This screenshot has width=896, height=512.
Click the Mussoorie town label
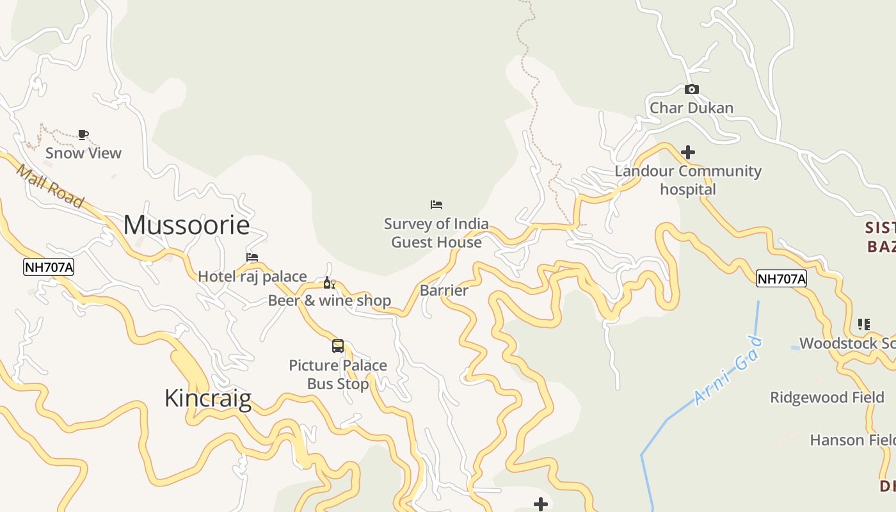(186, 225)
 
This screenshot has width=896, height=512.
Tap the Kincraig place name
(207, 398)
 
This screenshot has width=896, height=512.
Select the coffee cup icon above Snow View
(83, 134)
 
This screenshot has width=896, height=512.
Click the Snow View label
(83, 153)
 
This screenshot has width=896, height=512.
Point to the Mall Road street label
(49, 186)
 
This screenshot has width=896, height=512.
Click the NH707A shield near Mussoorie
(49, 268)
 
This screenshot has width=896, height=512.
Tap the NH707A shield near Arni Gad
(781, 278)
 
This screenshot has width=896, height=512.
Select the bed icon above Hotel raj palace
(252, 257)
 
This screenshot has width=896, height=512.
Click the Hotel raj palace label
(252, 276)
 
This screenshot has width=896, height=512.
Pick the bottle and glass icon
(329, 283)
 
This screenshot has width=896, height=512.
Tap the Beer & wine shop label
(329, 301)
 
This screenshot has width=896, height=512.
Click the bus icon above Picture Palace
(338, 346)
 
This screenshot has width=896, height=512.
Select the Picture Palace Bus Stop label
(338, 374)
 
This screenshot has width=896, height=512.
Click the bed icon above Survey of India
(436, 205)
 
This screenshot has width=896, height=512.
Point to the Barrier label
(444, 291)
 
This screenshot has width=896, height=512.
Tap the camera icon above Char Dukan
(691, 90)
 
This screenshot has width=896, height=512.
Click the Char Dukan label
(691, 108)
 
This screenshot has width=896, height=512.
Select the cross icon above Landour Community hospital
(688, 152)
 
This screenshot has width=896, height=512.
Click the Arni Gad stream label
(728, 371)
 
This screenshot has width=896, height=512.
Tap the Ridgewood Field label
(827, 397)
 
